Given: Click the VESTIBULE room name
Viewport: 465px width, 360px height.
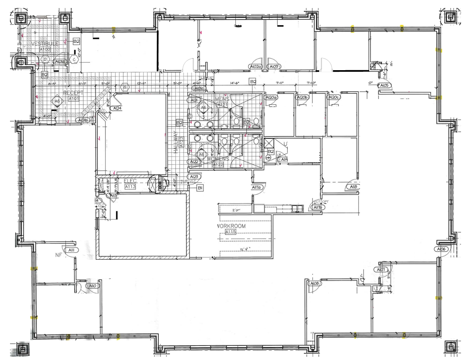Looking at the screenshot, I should [44, 43].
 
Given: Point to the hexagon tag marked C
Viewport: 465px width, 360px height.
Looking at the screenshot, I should [74, 60].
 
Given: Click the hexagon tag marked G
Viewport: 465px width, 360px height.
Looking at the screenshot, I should [125, 87].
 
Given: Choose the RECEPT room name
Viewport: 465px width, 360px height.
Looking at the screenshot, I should [73, 93].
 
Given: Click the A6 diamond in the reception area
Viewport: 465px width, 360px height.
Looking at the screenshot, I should [57, 101].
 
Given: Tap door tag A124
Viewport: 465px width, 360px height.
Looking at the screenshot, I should [117, 108].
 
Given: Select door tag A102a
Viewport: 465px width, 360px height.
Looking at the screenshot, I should [255, 67].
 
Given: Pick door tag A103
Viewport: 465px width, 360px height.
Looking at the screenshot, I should [274, 67].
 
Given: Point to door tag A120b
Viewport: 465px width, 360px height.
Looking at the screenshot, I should [302, 97].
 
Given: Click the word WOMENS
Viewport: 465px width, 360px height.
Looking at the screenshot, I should [218, 159].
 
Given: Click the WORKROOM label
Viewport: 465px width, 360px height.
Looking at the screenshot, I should [231, 226].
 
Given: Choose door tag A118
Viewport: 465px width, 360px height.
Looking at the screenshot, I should [353, 187].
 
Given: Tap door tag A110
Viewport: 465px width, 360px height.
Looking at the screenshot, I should [93, 285].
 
